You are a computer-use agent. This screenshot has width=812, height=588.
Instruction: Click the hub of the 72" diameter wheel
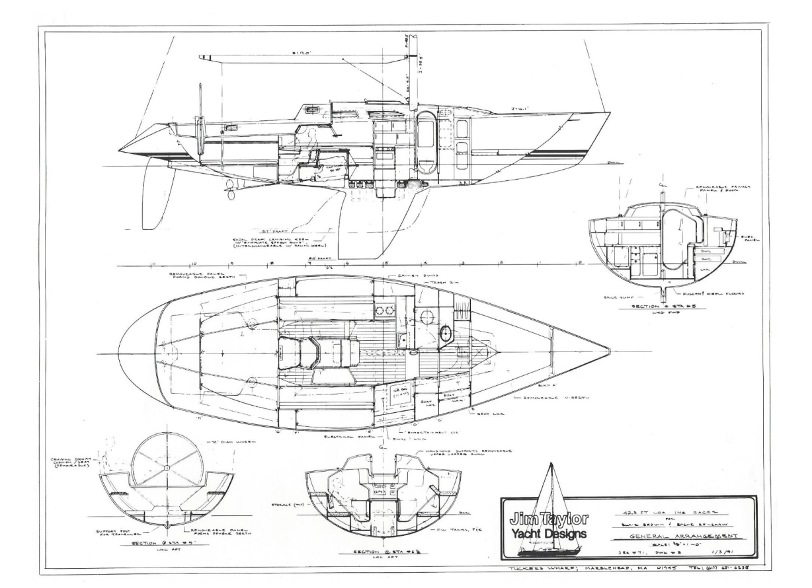pos(166,468)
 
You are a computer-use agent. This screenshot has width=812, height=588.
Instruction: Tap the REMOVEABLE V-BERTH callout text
pos(549,398)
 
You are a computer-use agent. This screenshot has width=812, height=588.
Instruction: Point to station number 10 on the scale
pos(192,262)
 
